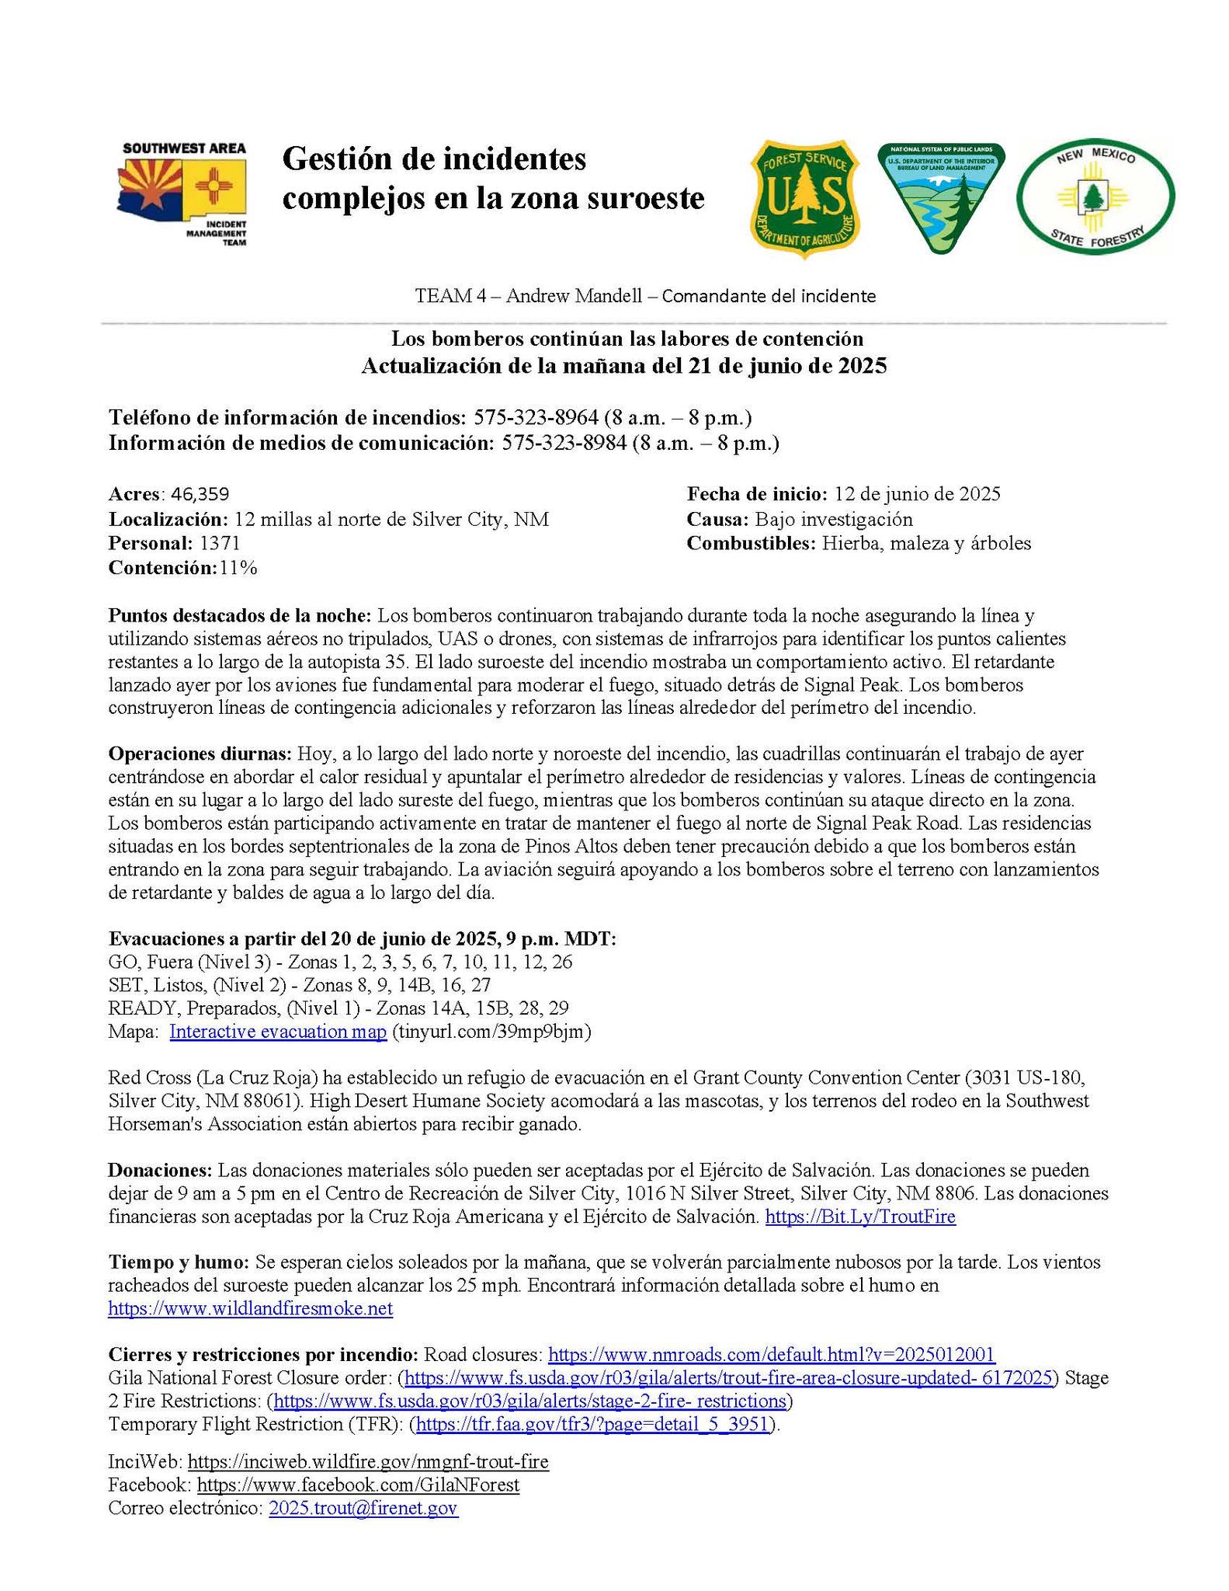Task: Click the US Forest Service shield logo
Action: (x=805, y=195)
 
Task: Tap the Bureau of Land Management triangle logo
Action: (x=940, y=197)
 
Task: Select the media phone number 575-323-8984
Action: (x=564, y=444)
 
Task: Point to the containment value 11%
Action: (x=238, y=568)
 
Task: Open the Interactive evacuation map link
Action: (x=277, y=1032)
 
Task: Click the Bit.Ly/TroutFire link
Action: (x=860, y=1217)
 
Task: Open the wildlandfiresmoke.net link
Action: (x=250, y=1308)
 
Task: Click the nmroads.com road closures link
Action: (x=771, y=1355)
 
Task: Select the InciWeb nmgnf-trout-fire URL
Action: (x=368, y=1461)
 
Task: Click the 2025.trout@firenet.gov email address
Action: (x=363, y=1508)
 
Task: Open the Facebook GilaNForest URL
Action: (x=358, y=1485)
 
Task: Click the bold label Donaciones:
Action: (x=159, y=1170)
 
